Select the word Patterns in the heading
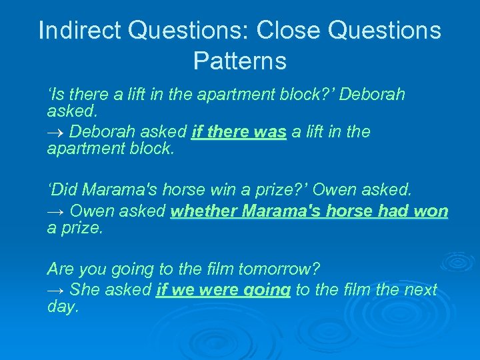click(239, 61)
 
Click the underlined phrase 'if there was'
click(239, 133)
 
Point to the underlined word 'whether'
click(204, 212)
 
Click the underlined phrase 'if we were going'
click(223, 290)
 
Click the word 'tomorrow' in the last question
click(282, 270)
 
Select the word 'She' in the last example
click(85, 290)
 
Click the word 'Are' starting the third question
click(61, 270)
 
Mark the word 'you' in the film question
click(93, 270)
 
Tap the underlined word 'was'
click(270, 133)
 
